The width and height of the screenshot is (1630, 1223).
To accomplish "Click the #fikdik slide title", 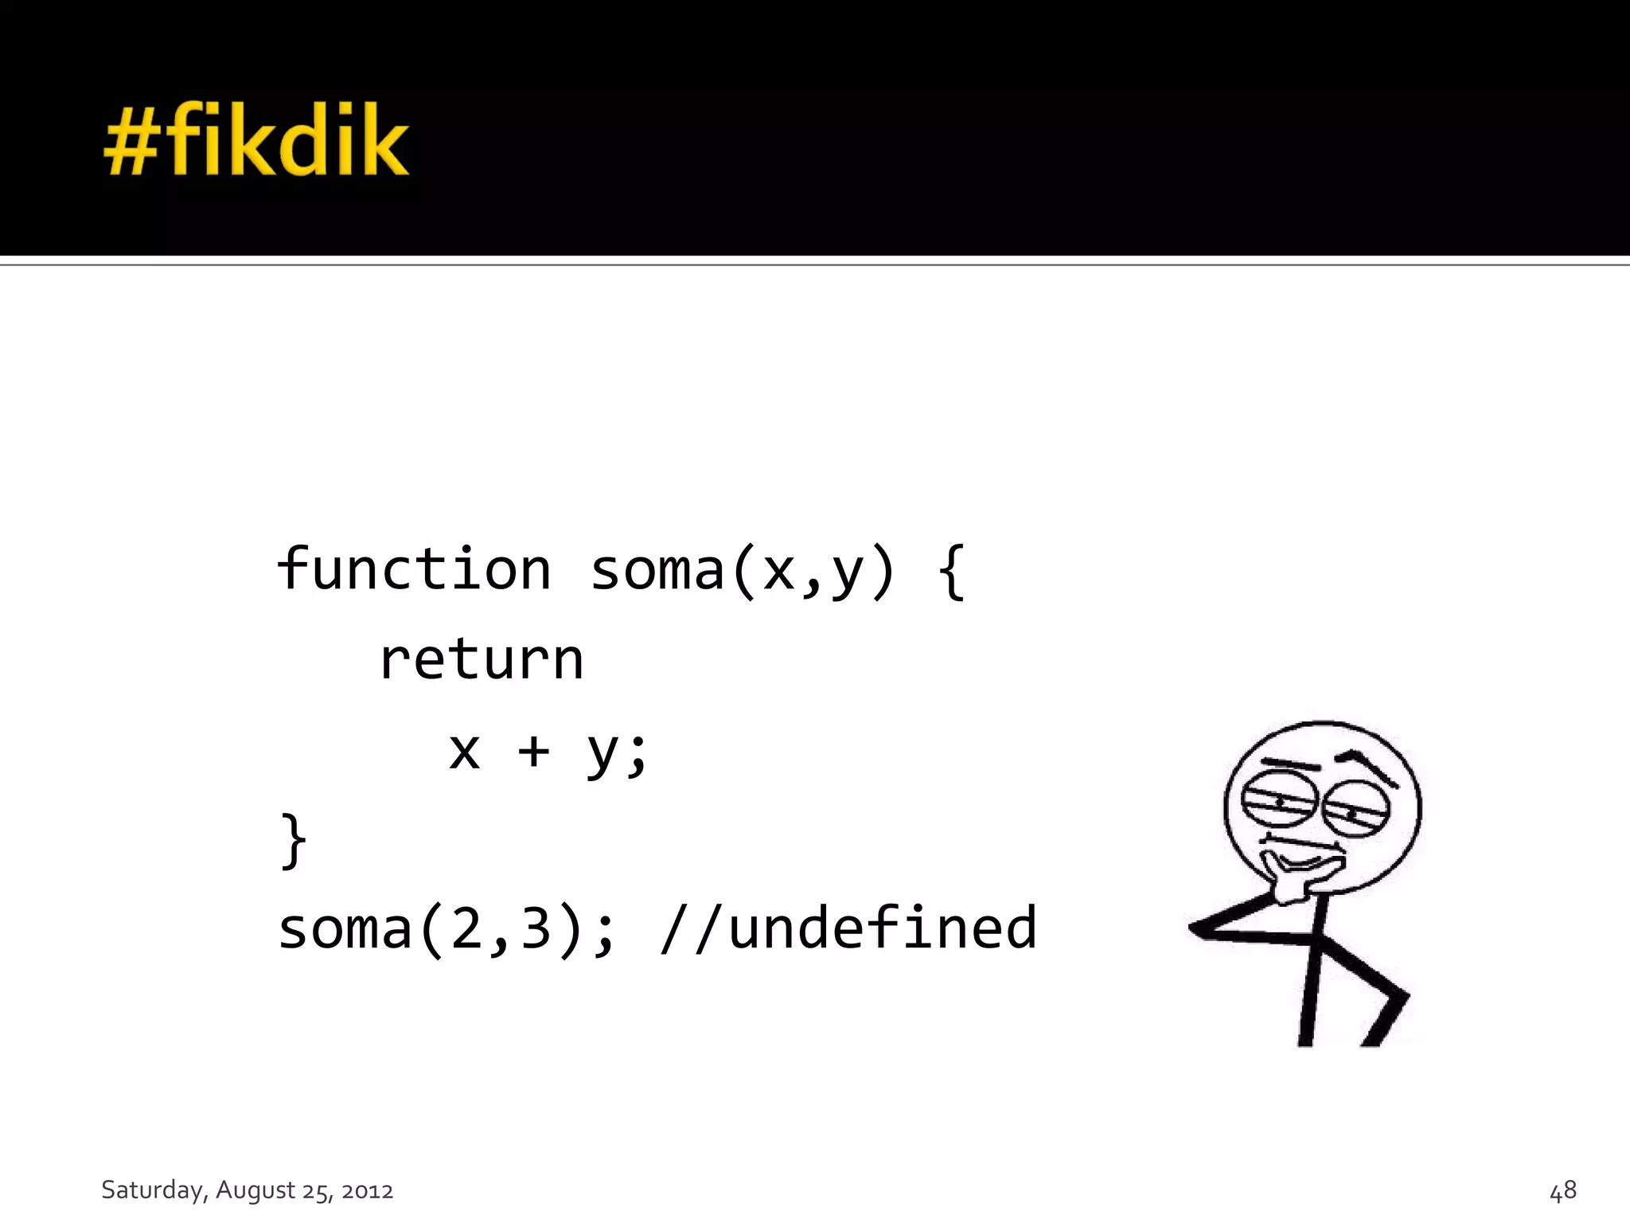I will coord(256,141).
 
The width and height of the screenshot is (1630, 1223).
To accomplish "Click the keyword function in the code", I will coord(414,570).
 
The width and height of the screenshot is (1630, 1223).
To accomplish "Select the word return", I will coord(482,660).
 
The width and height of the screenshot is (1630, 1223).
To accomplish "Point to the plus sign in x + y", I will coord(534,751).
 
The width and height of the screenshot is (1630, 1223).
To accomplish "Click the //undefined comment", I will coord(848,929).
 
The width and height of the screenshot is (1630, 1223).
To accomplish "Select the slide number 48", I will coord(1562,1190).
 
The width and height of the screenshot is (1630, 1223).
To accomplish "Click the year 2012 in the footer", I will coord(367,1191).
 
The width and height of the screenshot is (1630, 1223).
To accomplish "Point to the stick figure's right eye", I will coord(1355,811).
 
